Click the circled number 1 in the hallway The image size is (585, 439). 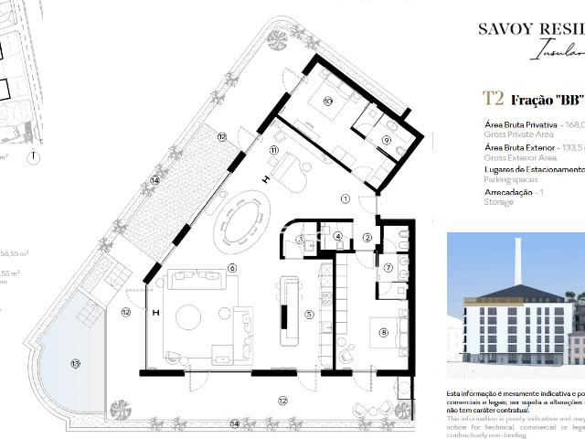click(x=345, y=198)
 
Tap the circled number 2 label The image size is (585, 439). click(x=367, y=238)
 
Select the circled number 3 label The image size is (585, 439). click(x=300, y=241)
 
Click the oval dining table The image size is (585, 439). click(x=242, y=222)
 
